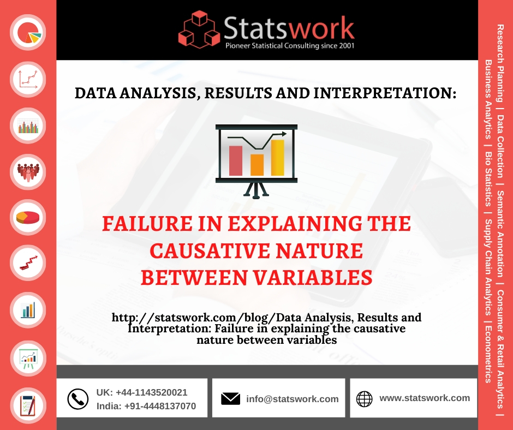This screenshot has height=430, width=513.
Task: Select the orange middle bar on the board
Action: (257, 164)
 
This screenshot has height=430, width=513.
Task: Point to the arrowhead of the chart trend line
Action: (283, 134)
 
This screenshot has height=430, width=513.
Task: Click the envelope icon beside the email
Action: (231, 399)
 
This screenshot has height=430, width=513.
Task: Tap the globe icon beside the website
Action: (364, 399)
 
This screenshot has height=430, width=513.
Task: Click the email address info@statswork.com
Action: (292, 399)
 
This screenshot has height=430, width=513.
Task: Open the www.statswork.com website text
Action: (425, 398)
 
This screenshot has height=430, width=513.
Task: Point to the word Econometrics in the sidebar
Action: (488, 355)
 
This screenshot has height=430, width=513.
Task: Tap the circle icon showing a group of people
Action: (29, 171)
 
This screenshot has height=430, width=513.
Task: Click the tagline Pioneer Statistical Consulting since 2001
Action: (290, 46)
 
